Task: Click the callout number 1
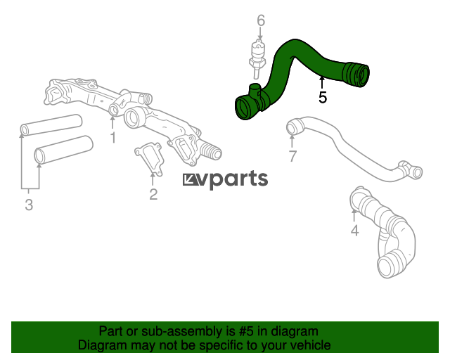(x=112, y=138)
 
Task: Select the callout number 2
(x=153, y=193)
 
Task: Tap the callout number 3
(x=29, y=205)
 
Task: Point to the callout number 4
(x=354, y=230)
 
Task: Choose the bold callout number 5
(x=323, y=98)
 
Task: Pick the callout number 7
(x=293, y=156)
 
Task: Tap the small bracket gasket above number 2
(x=148, y=155)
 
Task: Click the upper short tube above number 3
(x=50, y=124)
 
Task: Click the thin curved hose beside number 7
(x=352, y=148)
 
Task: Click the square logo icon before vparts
(x=190, y=181)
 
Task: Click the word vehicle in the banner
(x=309, y=345)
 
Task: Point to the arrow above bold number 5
(x=323, y=82)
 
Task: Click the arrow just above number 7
(x=293, y=141)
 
